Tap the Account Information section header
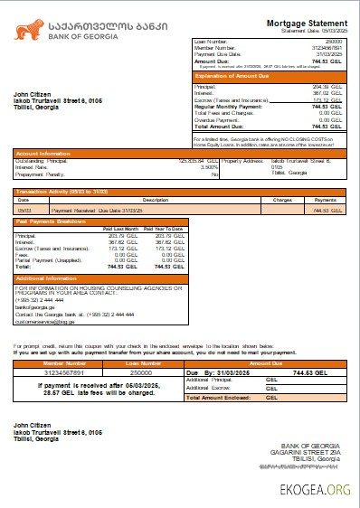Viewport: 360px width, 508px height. click(44, 154)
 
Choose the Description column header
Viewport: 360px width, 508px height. click(156, 199)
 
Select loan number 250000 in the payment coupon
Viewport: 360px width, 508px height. click(140, 371)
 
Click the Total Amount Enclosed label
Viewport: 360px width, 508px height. click(222, 398)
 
